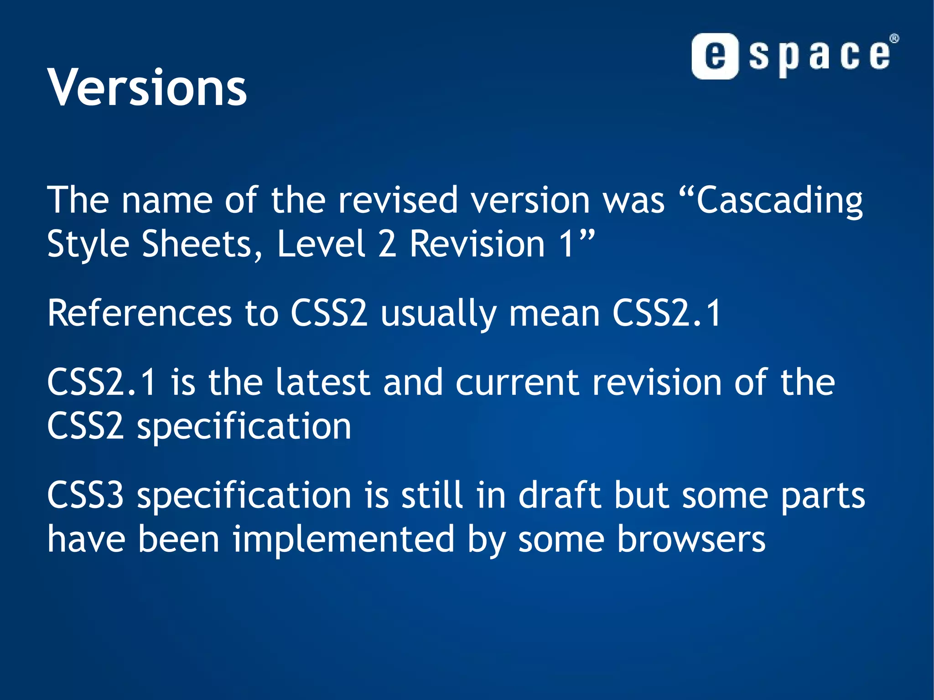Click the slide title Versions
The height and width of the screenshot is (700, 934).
pyautogui.click(x=147, y=87)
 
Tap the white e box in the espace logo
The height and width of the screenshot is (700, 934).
pyautogui.click(x=715, y=56)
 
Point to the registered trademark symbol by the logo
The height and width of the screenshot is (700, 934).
pyautogui.click(x=894, y=39)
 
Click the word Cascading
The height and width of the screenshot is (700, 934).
pyautogui.click(x=779, y=201)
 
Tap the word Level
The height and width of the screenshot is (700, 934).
pyautogui.click(x=322, y=244)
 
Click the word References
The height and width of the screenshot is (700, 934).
pyautogui.click(x=140, y=313)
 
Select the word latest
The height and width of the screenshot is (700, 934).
pyautogui.click(x=323, y=382)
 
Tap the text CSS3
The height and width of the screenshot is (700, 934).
pyautogui.click(x=85, y=496)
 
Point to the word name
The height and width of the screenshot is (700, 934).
pyautogui.click(x=167, y=201)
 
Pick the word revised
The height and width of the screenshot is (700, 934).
pyautogui.click(x=398, y=201)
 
